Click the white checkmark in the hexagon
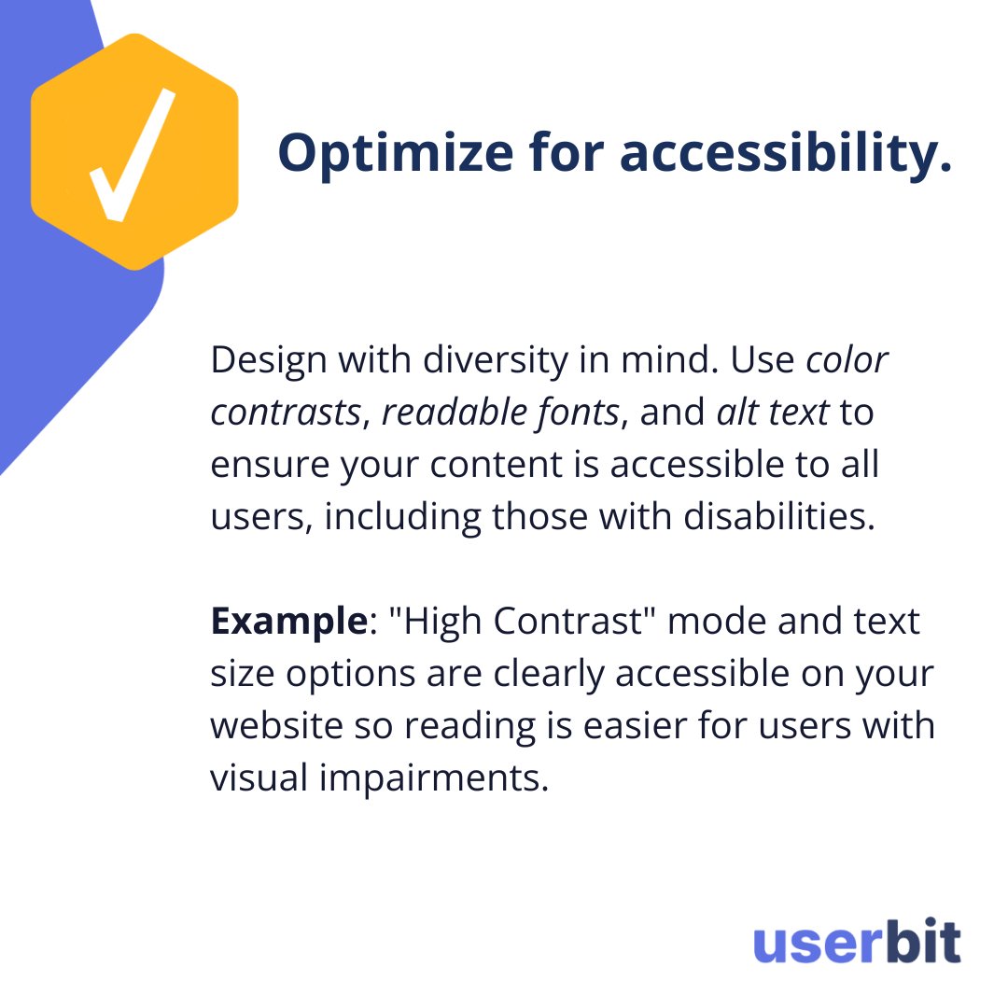coord(133,155)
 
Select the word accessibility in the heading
coord(785,152)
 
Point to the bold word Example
coord(287,622)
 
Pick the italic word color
coord(847,360)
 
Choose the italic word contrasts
coord(285,413)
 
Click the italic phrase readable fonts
coord(500,413)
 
